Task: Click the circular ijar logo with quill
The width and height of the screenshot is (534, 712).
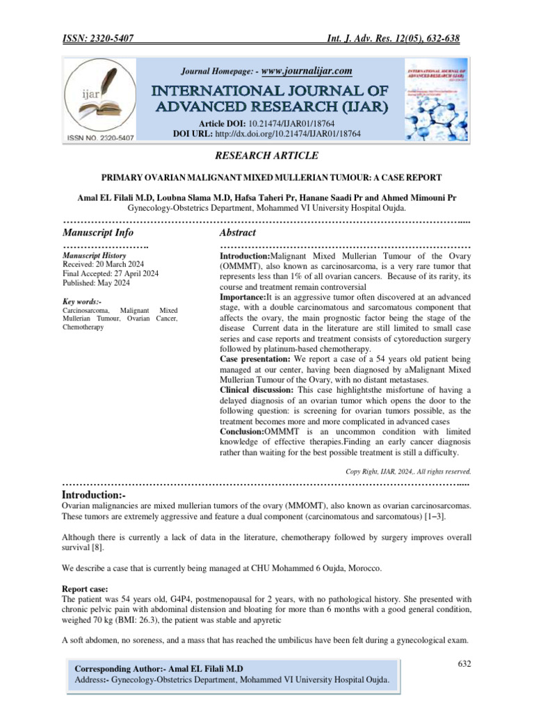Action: pyautogui.click(x=100, y=97)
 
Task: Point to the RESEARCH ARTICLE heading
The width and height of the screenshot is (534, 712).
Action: pyautogui.click(x=267, y=155)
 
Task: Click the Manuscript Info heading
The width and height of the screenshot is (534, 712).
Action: pyautogui.click(x=98, y=232)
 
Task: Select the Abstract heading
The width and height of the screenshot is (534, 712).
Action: pyautogui.click(x=238, y=232)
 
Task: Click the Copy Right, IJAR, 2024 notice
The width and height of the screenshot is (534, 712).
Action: pyautogui.click(x=408, y=471)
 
